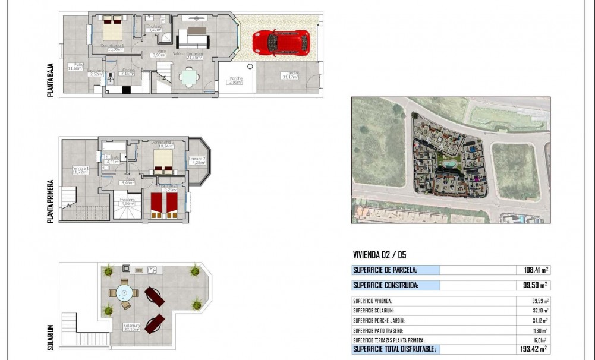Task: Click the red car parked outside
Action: pyautogui.click(x=281, y=43)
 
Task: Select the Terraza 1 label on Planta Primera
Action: pyautogui.click(x=80, y=170)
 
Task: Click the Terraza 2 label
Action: pyautogui.click(x=197, y=160)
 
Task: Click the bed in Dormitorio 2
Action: pyautogui.click(x=162, y=159)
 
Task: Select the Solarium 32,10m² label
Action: pyautogui.click(x=131, y=327)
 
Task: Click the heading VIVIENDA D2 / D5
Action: pyautogui.click(x=379, y=255)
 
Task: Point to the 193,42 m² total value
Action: pyautogui.click(x=534, y=349)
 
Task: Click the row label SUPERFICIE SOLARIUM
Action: pyautogui.click(x=373, y=311)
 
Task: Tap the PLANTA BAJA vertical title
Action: pyautogui.click(x=51, y=82)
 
